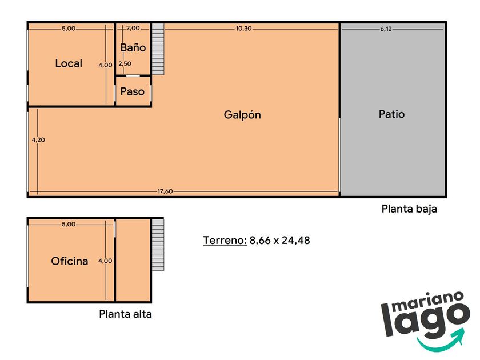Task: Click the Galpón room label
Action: tap(242, 115)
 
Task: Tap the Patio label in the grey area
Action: tap(391, 114)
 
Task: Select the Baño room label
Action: tap(133, 47)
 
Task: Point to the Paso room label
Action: tap(132, 91)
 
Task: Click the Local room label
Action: tap(69, 63)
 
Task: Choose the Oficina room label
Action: tap(70, 261)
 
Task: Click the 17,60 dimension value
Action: tap(165, 191)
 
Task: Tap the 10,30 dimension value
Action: tap(243, 29)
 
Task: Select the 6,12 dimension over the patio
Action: tap(386, 29)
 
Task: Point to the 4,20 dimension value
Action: tap(38, 140)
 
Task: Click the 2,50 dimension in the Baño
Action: tap(125, 63)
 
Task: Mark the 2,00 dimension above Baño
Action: tap(133, 28)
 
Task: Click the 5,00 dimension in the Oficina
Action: tap(69, 224)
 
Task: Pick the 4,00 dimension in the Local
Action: tap(105, 65)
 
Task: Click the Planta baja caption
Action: tap(409, 209)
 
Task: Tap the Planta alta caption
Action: tap(125, 314)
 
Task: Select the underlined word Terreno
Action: tap(225, 241)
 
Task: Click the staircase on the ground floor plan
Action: tap(158, 49)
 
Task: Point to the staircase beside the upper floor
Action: tap(158, 245)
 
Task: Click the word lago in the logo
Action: tap(426, 318)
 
